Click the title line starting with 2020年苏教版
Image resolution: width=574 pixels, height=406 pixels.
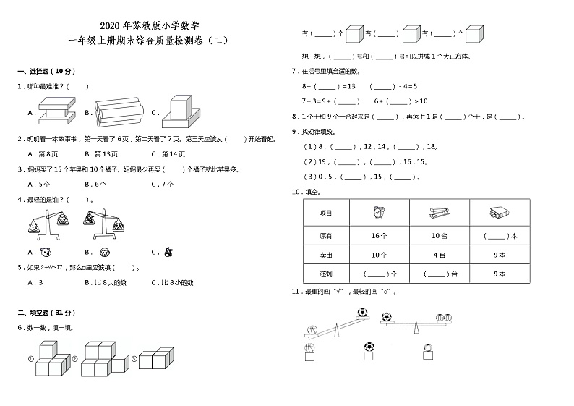[145, 24]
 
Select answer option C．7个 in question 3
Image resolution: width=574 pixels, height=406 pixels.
[163, 184]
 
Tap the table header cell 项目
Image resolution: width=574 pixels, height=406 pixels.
[326, 213]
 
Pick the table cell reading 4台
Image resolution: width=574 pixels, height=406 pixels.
[439, 255]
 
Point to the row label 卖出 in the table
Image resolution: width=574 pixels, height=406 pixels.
[326, 255]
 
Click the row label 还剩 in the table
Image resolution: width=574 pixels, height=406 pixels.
[326, 274]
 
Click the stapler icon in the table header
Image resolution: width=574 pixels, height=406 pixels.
[438, 213]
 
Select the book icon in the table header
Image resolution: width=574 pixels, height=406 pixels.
[499, 213]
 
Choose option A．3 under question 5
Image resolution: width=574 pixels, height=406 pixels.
[35, 282]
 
